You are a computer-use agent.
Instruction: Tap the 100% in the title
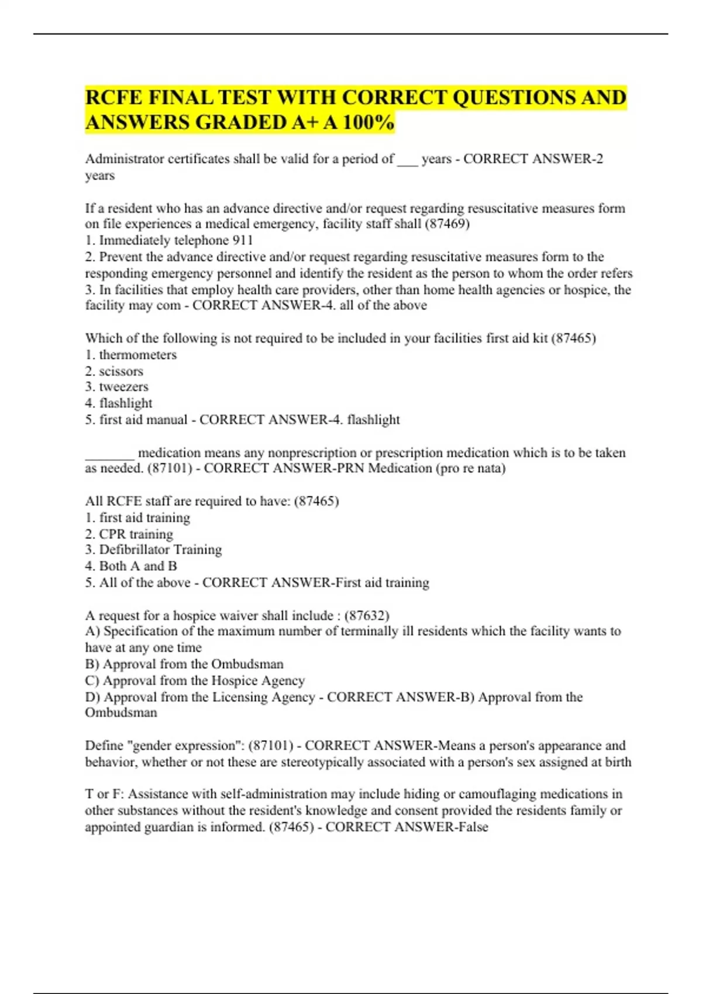point(369,123)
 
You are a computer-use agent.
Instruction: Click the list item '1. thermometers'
point(130,355)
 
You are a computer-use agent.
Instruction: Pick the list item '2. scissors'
point(114,371)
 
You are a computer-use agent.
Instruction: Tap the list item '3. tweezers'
point(116,387)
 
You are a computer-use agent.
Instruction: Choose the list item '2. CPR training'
point(129,534)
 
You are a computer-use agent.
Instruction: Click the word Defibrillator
point(137,550)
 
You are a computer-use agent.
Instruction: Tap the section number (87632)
point(367,616)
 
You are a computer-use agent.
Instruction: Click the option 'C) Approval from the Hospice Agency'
point(195,681)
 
